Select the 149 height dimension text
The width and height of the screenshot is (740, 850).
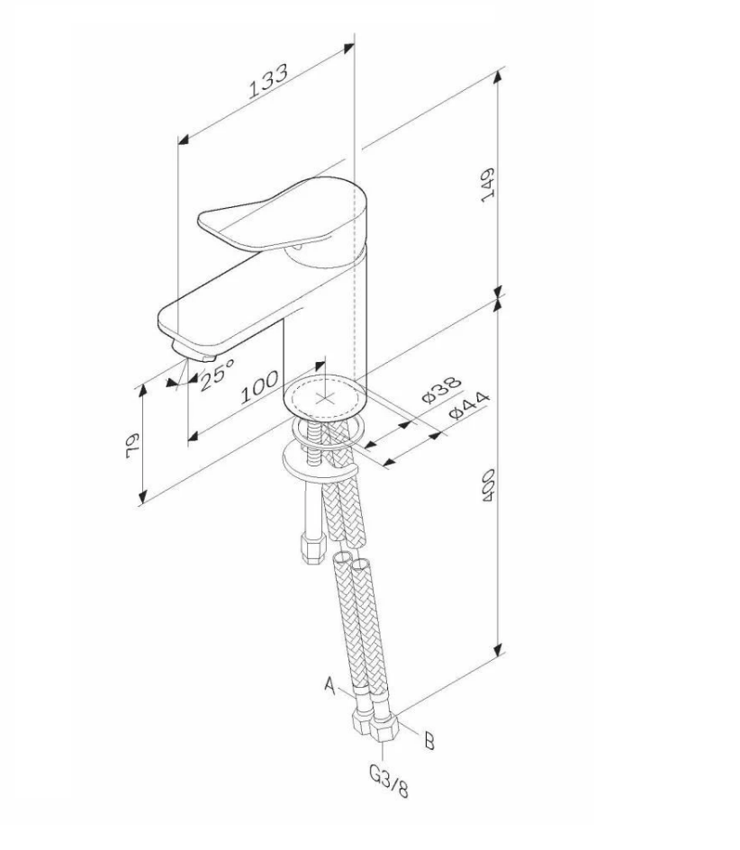pos(487,185)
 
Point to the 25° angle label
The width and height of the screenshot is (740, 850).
pos(217,373)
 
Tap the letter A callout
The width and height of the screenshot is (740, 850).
pos(329,687)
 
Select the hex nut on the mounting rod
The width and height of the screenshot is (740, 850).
pos(312,549)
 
